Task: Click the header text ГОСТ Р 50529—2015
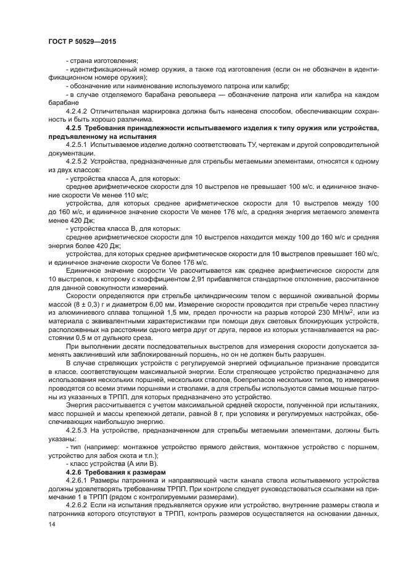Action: click(81, 41)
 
